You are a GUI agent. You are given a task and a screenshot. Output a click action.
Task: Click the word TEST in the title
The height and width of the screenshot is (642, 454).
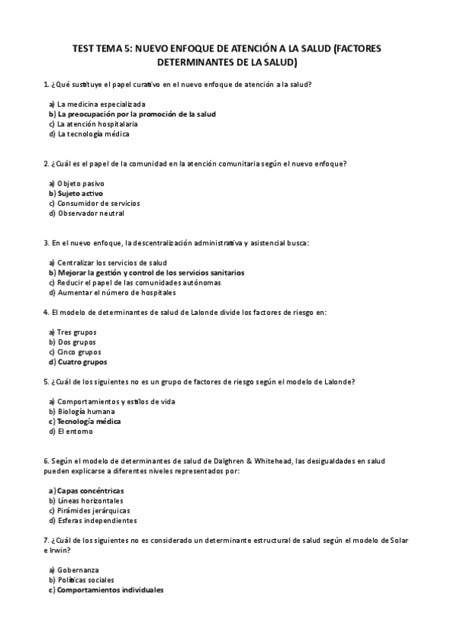point(84,48)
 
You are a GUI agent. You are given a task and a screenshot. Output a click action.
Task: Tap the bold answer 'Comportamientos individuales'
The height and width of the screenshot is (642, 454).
point(110,590)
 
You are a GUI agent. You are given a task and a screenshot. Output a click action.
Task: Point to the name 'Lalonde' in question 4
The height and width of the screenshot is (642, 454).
point(220,312)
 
